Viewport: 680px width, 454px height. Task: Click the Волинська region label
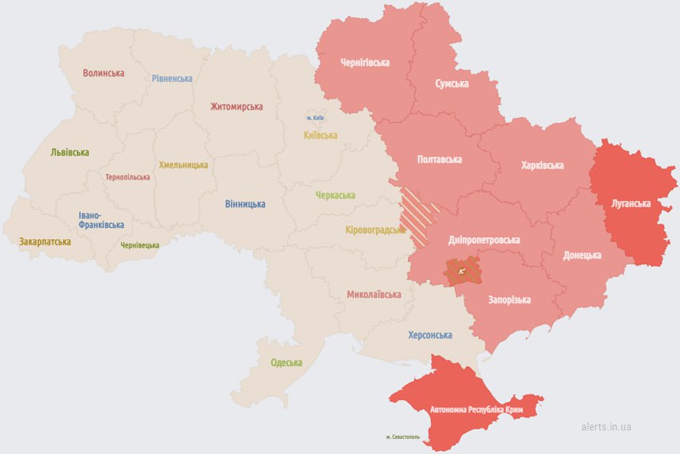[x=103, y=73]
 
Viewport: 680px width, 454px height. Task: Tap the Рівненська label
[x=172, y=79]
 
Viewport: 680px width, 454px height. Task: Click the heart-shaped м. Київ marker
[x=315, y=116]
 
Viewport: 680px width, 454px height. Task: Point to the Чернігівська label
[x=364, y=62]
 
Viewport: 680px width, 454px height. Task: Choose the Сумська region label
[x=451, y=83]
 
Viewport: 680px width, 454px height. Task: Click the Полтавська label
[x=440, y=160]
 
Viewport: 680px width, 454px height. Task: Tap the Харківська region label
[x=543, y=165]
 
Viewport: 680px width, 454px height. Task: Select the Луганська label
[x=631, y=203]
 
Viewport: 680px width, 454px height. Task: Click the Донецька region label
[x=582, y=256]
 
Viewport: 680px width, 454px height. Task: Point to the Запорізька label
[x=510, y=300]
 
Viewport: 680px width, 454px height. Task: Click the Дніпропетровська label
[x=484, y=240]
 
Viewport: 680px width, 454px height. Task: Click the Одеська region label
[x=286, y=363]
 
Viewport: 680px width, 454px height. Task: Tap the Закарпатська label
[x=45, y=240]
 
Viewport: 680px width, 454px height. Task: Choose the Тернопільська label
[x=128, y=177]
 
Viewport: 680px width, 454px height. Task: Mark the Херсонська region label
[x=429, y=335]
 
